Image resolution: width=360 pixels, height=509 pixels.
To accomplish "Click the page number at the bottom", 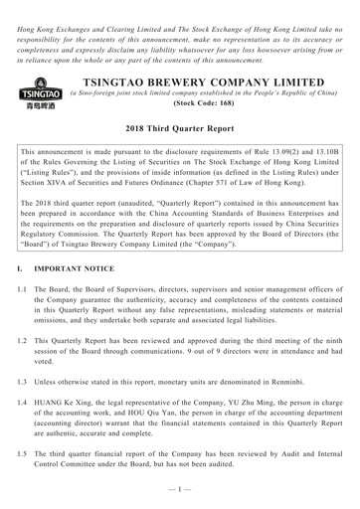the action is coord(180,498).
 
